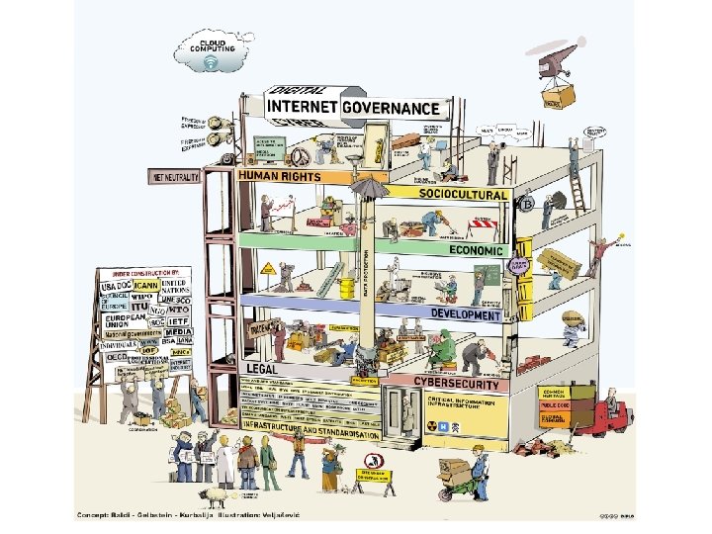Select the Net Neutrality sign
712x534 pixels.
point(175,177)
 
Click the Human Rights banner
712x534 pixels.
point(280,176)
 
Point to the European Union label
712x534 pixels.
point(121,322)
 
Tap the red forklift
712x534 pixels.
point(609,416)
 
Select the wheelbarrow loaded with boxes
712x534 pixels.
point(461,476)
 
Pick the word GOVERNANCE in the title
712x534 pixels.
point(391,108)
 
